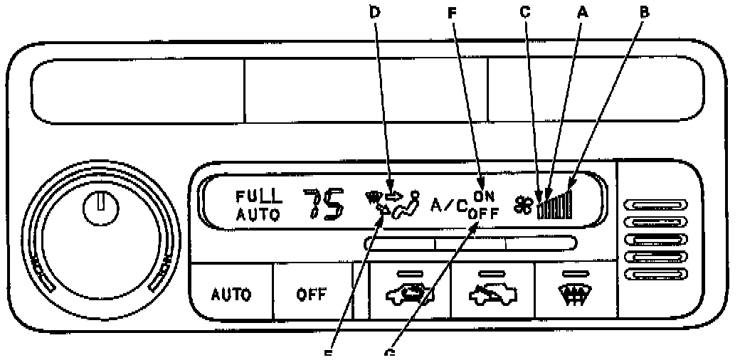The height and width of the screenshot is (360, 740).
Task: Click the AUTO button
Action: point(231,294)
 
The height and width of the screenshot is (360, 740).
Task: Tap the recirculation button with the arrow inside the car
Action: point(409,294)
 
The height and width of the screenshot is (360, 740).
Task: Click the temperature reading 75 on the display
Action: point(324,203)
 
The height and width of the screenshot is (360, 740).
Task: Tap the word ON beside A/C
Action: point(484,197)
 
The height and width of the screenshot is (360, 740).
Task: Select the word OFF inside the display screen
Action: point(485,211)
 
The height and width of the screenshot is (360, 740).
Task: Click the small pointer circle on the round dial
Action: point(100,208)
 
